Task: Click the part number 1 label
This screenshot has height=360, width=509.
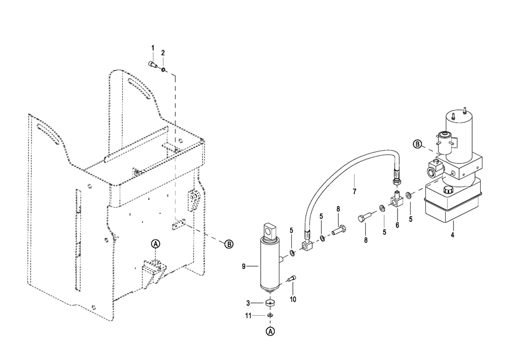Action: [153, 48]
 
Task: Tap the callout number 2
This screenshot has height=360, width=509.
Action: [163, 53]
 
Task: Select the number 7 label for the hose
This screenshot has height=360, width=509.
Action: [355, 192]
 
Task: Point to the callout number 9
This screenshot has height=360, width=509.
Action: [244, 267]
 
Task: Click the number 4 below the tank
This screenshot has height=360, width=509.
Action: [452, 234]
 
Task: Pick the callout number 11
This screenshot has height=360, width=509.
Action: [248, 315]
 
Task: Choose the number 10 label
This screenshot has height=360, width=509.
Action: [293, 299]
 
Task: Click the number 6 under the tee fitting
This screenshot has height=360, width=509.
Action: [398, 225]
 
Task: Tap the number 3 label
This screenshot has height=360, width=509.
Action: [248, 303]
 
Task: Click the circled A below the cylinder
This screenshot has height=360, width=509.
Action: [270, 331]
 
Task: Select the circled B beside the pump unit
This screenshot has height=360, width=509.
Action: [417, 144]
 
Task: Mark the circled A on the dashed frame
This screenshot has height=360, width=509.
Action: [156, 244]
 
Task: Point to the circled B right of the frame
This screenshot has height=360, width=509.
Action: [229, 244]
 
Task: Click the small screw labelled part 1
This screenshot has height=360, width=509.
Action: [153, 65]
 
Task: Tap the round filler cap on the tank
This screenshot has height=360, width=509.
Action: [448, 190]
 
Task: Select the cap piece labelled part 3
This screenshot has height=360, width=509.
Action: [270, 303]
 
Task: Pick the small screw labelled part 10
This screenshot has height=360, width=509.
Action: [291, 278]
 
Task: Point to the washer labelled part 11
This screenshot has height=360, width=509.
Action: [270, 315]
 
